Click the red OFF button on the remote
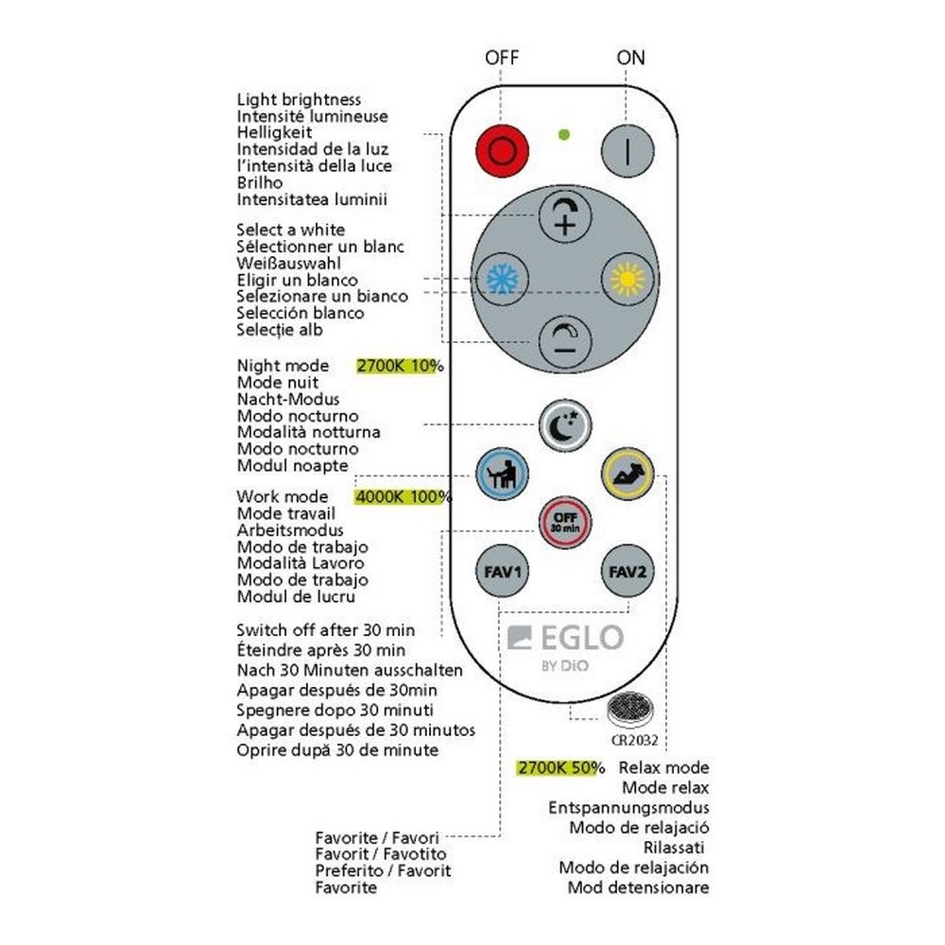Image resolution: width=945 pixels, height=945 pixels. [501, 150]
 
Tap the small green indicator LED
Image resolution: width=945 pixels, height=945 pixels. [564, 134]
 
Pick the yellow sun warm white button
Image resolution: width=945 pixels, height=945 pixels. [627, 278]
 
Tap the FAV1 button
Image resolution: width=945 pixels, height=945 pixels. [501, 572]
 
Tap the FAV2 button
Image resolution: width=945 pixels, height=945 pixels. [627, 572]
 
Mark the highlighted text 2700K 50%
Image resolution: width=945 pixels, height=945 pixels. [560, 767]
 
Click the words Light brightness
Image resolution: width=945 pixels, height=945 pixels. [299, 99]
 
